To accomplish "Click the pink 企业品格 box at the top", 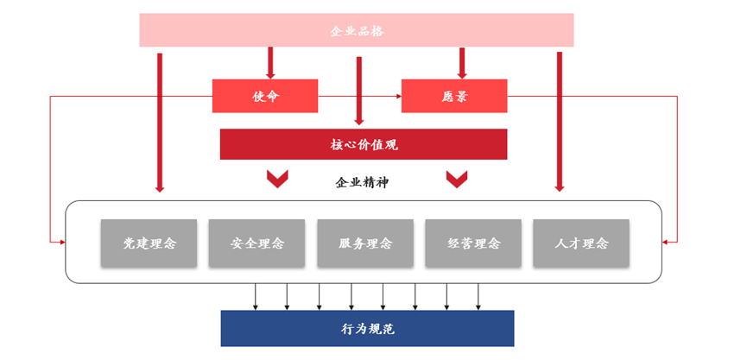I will click(x=357, y=30).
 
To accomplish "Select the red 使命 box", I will click(x=265, y=96).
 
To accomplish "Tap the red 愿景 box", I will click(x=453, y=96).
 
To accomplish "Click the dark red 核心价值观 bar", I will click(x=363, y=144).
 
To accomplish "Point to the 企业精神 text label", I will click(x=363, y=182).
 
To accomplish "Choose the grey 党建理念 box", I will click(x=149, y=243).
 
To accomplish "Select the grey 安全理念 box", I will click(x=257, y=243).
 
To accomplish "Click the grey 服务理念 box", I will click(x=365, y=243).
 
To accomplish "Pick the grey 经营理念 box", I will click(x=473, y=243).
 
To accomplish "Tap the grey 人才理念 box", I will click(x=581, y=243).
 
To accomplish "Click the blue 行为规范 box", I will click(x=367, y=328).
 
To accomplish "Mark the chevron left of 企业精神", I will click(x=277, y=179).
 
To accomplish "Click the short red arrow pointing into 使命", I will click(x=270, y=63).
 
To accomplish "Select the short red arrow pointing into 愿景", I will click(x=462, y=63).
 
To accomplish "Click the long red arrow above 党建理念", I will click(x=160, y=121).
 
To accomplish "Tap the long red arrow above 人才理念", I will click(x=560, y=121).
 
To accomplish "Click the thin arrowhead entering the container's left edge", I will click(x=61, y=241).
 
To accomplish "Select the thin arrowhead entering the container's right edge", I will click(x=667, y=241).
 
